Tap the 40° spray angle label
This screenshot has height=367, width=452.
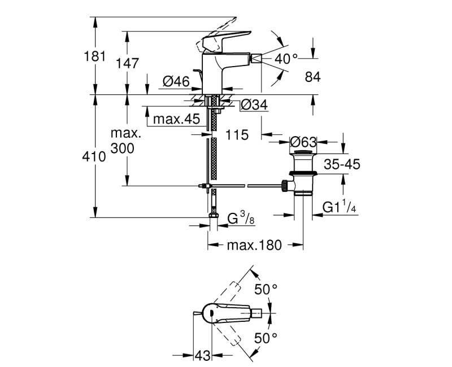286,58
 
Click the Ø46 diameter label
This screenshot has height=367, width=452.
176,82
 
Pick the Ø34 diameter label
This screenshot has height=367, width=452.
253,105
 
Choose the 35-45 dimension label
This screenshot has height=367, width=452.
342,165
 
